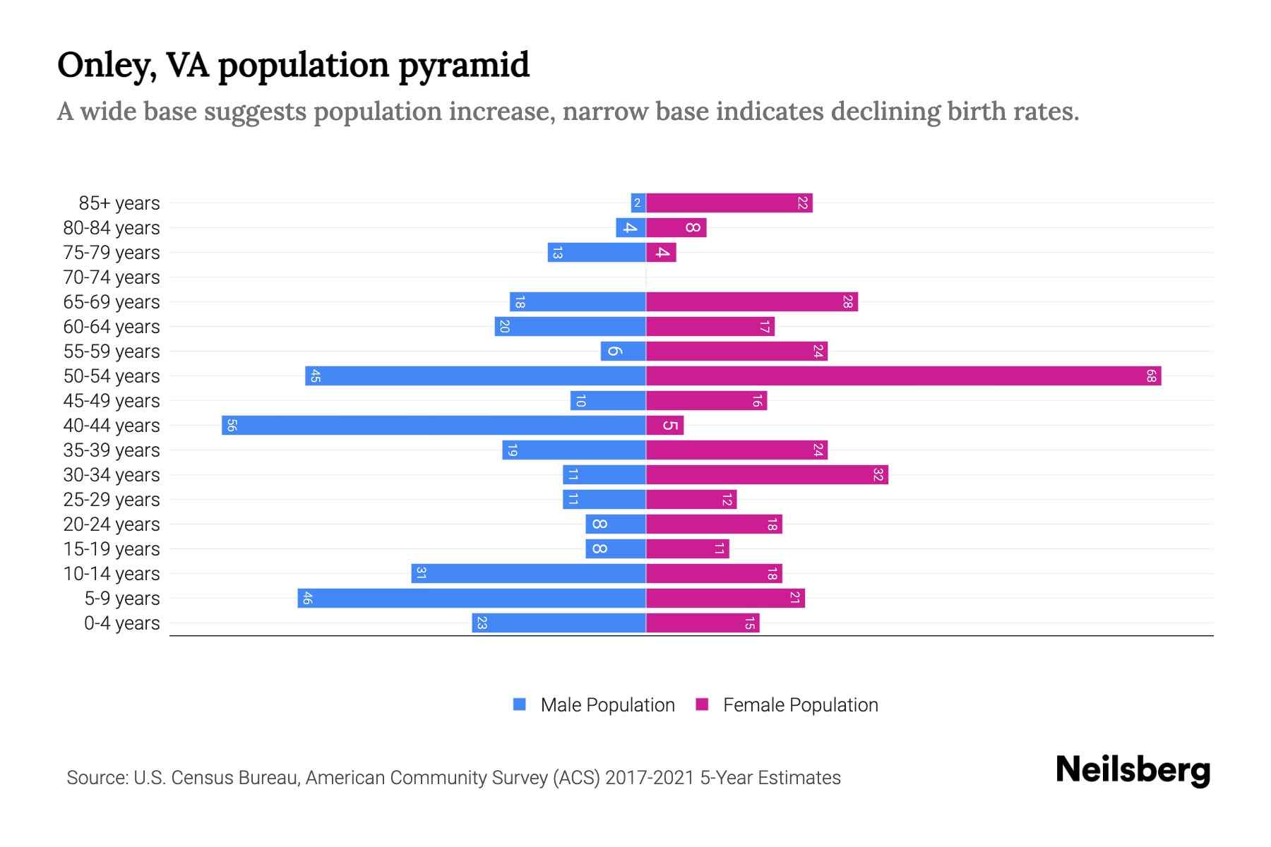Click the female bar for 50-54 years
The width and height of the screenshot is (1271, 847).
coord(904,376)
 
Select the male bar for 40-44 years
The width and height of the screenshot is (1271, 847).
coord(434,426)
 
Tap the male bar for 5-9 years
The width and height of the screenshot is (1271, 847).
coord(472,599)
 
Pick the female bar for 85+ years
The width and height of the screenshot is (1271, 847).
coord(729,203)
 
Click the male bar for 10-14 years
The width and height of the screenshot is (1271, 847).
coord(529,574)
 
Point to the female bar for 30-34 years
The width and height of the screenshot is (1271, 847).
coord(767,475)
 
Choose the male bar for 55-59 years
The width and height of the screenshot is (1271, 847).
coord(623,352)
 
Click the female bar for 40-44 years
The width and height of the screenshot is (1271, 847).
coord(665,426)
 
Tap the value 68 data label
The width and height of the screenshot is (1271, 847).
coord(1151,376)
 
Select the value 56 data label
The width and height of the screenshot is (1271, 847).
coord(232,426)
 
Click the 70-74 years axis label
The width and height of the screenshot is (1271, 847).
coord(112,277)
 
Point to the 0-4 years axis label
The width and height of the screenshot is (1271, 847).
coord(121,623)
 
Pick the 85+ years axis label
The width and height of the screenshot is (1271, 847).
coord(119,203)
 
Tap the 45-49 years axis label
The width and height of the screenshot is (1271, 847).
coord(112,401)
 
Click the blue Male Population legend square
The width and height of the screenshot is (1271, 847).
coord(520,704)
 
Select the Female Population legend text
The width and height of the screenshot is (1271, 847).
coord(800,705)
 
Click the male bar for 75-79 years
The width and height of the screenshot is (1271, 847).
coord(597,253)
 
